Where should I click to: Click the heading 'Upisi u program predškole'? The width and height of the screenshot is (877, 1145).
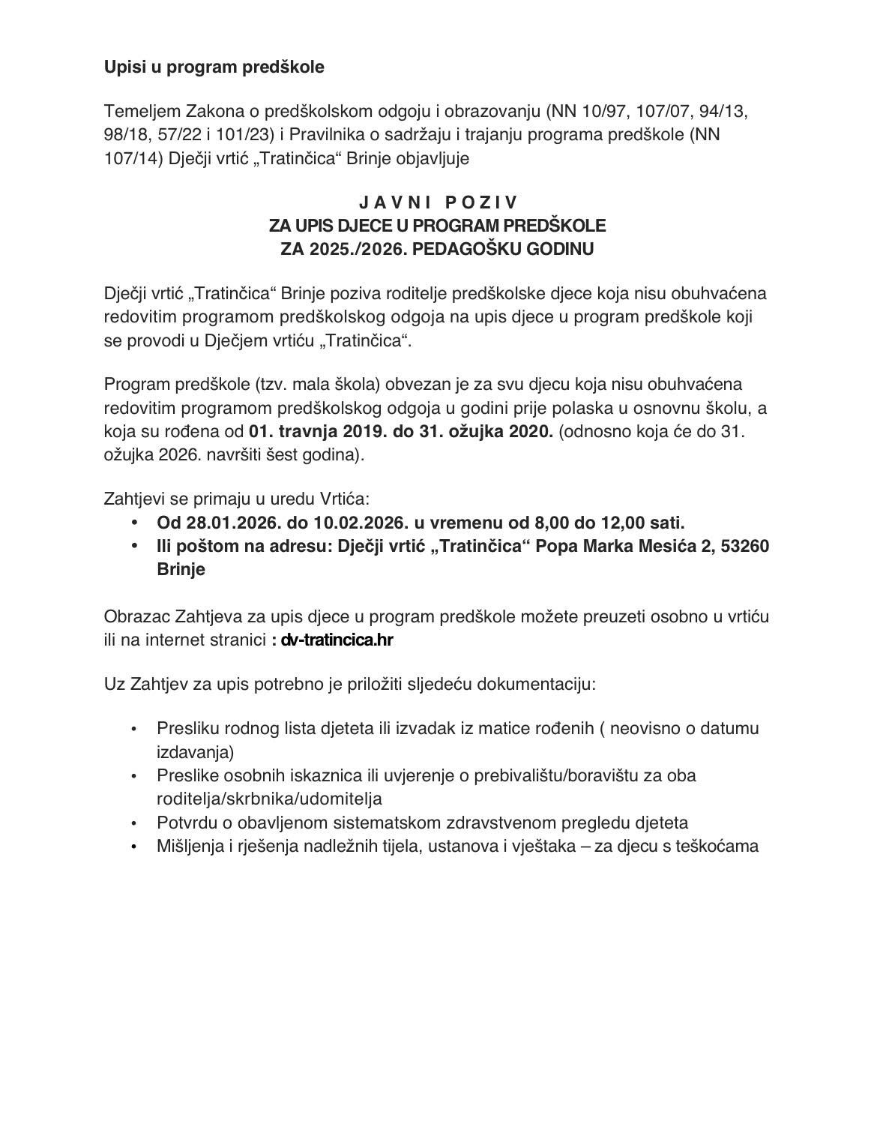(x=214, y=67)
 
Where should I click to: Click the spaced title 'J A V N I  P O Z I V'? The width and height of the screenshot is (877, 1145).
(x=438, y=202)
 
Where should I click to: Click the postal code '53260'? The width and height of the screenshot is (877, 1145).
(x=744, y=546)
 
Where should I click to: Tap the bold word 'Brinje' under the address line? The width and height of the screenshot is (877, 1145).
(x=181, y=569)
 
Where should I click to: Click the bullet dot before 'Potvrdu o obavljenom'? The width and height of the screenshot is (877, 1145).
(x=134, y=823)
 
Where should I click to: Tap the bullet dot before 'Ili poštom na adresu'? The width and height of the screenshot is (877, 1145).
(x=134, y=546)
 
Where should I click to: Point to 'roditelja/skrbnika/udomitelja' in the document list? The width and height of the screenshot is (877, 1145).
(x=269, y=799)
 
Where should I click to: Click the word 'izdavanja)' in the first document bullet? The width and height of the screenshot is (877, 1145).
(x=195, y=751)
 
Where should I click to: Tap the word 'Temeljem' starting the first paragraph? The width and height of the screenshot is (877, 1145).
(x=142, y=112)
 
